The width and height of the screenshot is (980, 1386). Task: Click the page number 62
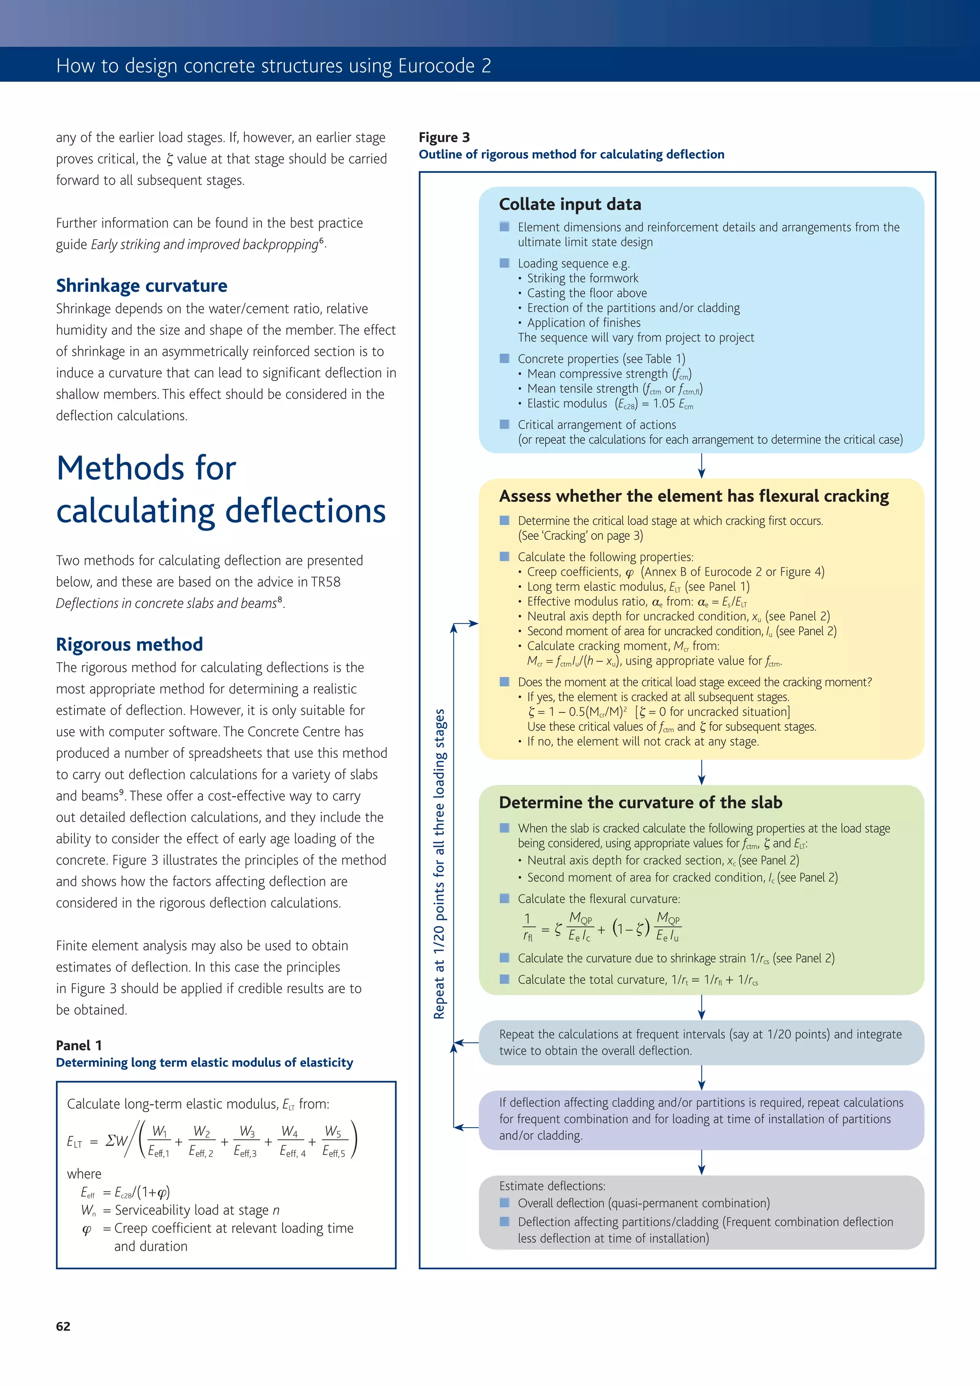[x=63, y=1326]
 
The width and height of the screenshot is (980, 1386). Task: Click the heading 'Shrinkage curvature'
[x=141, y=286]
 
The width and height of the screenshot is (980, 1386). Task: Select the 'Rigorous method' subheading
[x=129, y=644]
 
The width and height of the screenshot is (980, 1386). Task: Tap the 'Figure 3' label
[x=444, y=137]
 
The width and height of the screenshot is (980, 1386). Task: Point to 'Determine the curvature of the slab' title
[x=640, y=802]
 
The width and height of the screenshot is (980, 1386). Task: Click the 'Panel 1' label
[x=78, y=1045]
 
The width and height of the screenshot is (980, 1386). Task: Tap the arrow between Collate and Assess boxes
[x=701, y=466]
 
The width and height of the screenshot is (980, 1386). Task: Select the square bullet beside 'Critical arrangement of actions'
[x=504, y=424]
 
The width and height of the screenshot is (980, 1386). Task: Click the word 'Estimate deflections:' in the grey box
[x=552, y=1186]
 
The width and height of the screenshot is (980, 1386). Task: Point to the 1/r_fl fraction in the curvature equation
[x=528, y=928]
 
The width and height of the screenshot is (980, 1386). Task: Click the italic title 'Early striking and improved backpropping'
[x=204, y=244]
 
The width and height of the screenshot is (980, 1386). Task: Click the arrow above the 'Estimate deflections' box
[x=701, y=1162]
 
